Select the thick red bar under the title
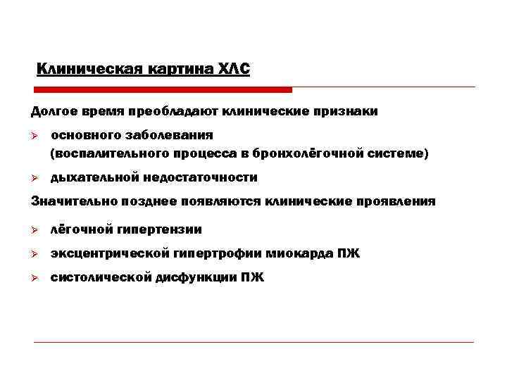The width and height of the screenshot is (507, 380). point(162,90)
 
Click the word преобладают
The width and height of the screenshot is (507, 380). point(181,111)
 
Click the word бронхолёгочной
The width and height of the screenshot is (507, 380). point(313,153)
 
